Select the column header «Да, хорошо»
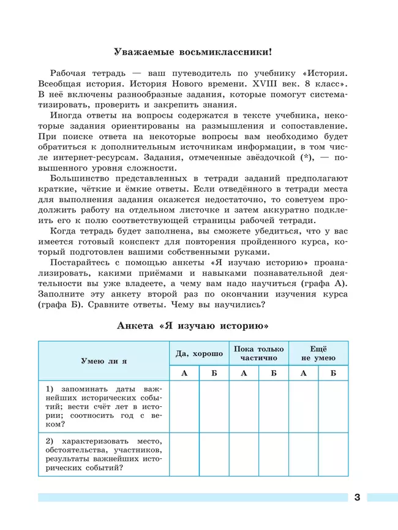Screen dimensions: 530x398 point(199,354)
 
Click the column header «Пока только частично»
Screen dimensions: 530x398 point(258,353)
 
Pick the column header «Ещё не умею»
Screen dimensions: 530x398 point(318,353)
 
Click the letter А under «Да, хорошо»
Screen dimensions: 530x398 point(184,373)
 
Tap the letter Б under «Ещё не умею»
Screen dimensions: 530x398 point(333,373)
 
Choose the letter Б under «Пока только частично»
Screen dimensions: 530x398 point(274,373)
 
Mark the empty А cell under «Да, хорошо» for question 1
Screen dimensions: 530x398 point(184,407)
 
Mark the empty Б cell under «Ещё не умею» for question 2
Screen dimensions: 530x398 point(333,455)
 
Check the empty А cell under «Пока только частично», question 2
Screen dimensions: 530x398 point(244,455)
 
